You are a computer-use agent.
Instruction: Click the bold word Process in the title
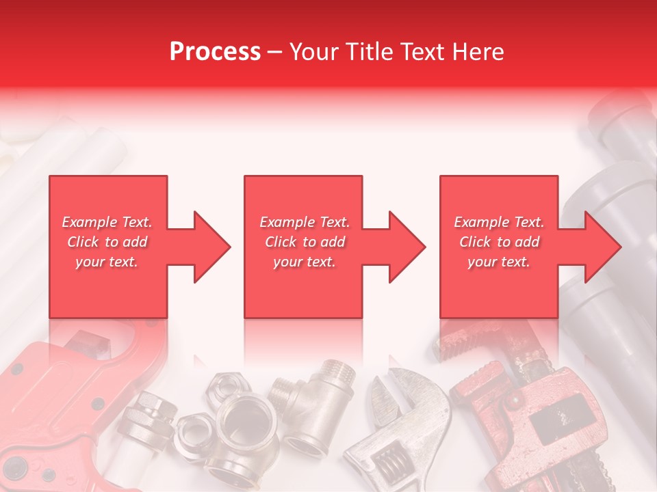[x=215, y=52]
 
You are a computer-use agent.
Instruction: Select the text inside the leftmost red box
[x=107, y=242]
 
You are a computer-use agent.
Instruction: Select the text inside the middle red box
[x=304, y=242]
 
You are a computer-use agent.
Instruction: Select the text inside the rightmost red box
[x=499, y=242]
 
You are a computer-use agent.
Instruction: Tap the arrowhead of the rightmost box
[x=602, y=247]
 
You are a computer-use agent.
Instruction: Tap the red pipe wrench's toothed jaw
[x=462, y=345]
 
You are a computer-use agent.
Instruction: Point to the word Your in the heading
[x=314, y=52]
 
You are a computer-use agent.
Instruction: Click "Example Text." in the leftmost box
[x=107, y=222]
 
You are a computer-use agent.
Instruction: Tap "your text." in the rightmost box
[x=499, y=262]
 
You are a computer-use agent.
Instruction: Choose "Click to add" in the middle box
[x=304, y=242]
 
